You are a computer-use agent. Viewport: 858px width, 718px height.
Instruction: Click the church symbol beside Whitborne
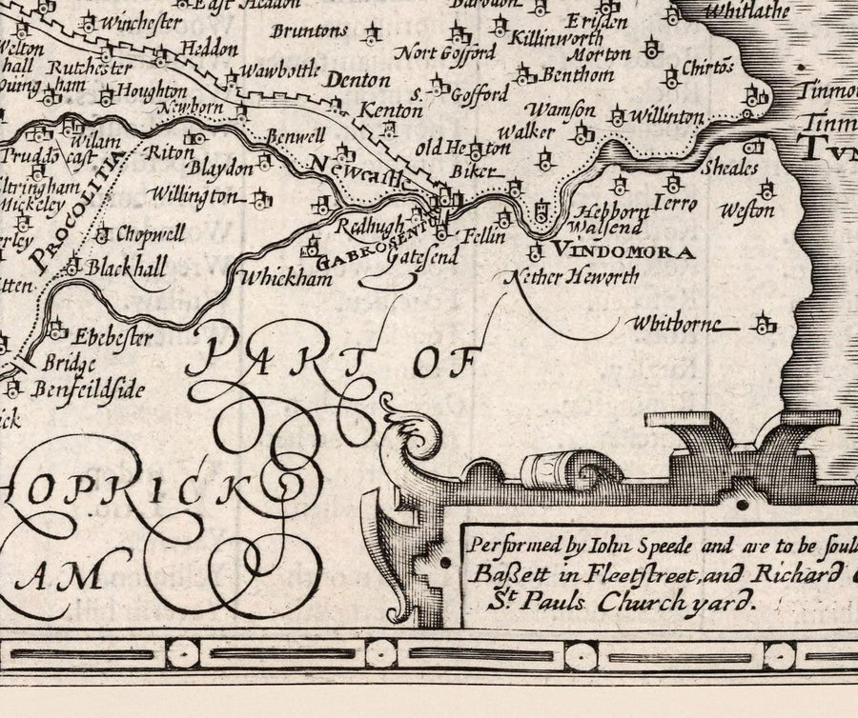pos(762,326)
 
